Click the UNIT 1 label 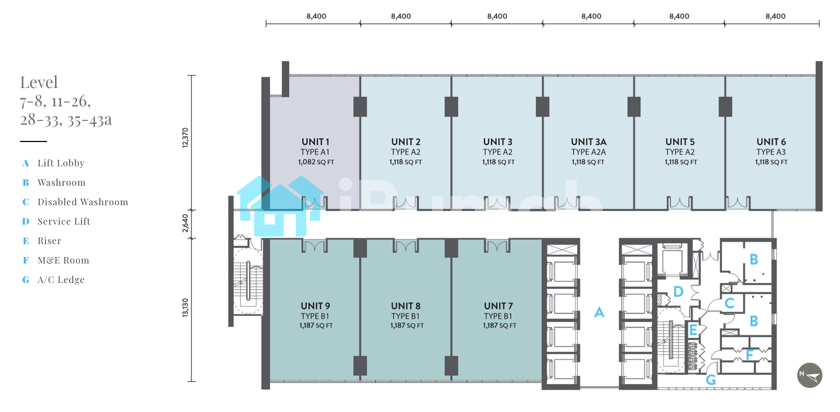pos(315,142)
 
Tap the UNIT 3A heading pos(588,142)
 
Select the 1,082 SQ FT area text pos(316,162)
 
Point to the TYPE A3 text pos(770,152)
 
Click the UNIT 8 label pos(406,306)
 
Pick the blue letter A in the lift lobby pos(599,312)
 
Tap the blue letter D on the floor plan pos(678,292)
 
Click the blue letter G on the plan pos(710,380)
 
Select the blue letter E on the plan pos(693,330)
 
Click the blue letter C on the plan pos(729,303)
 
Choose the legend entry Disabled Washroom pos(83,202)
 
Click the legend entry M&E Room pos(63,260)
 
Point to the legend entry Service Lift pos(64,221)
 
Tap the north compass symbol pos(810,375)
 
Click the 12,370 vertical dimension pos(185,138)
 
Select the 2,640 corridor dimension pos(185,223)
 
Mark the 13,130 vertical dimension pos(185,308)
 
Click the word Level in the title pos(39,83)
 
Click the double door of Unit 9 pos(314,246)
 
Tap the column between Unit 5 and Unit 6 pos(725,106)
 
